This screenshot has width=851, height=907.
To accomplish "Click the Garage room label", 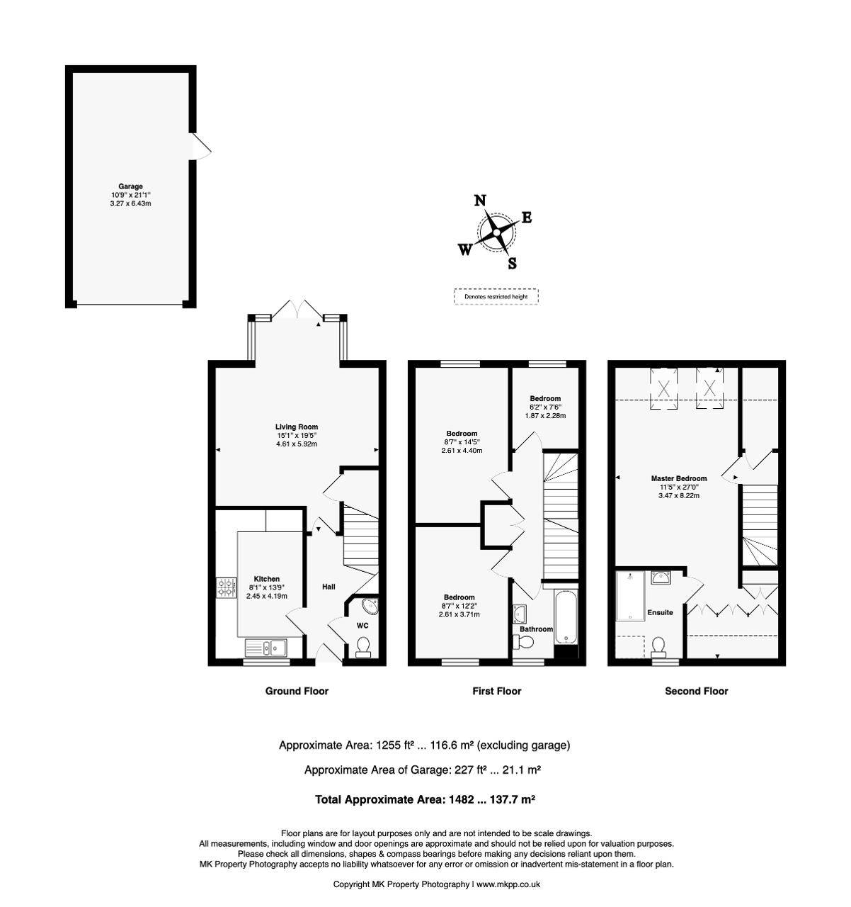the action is (x=130, y=186).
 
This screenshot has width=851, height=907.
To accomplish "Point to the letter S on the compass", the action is (x=513, y=263).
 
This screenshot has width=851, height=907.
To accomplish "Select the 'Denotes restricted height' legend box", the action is (x=496, y=296).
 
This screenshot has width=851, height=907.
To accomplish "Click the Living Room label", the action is (x=297, y=427).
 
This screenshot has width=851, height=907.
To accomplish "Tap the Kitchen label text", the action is (x=267, y=579).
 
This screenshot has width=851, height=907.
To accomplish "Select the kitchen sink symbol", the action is (x=265, y=647).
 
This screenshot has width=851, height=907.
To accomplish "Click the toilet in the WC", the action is (x=363, y=647).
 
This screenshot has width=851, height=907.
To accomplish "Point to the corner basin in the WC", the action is (x=370, y=606).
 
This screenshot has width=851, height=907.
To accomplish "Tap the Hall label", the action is (x=329, y=587).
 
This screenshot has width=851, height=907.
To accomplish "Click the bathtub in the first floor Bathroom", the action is (x=566, y=617).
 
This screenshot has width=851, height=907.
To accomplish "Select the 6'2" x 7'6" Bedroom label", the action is (x=545, y=398).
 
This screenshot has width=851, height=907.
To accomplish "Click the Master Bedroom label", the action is (x=679, y=478).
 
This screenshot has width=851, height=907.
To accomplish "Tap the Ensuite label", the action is (x=660, y=612).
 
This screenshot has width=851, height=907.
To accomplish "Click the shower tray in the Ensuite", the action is (x=630, y=597).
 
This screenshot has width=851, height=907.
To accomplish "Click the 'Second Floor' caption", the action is (x=697, y=691).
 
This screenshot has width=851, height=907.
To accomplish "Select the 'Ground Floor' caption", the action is (x=297, y=691).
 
